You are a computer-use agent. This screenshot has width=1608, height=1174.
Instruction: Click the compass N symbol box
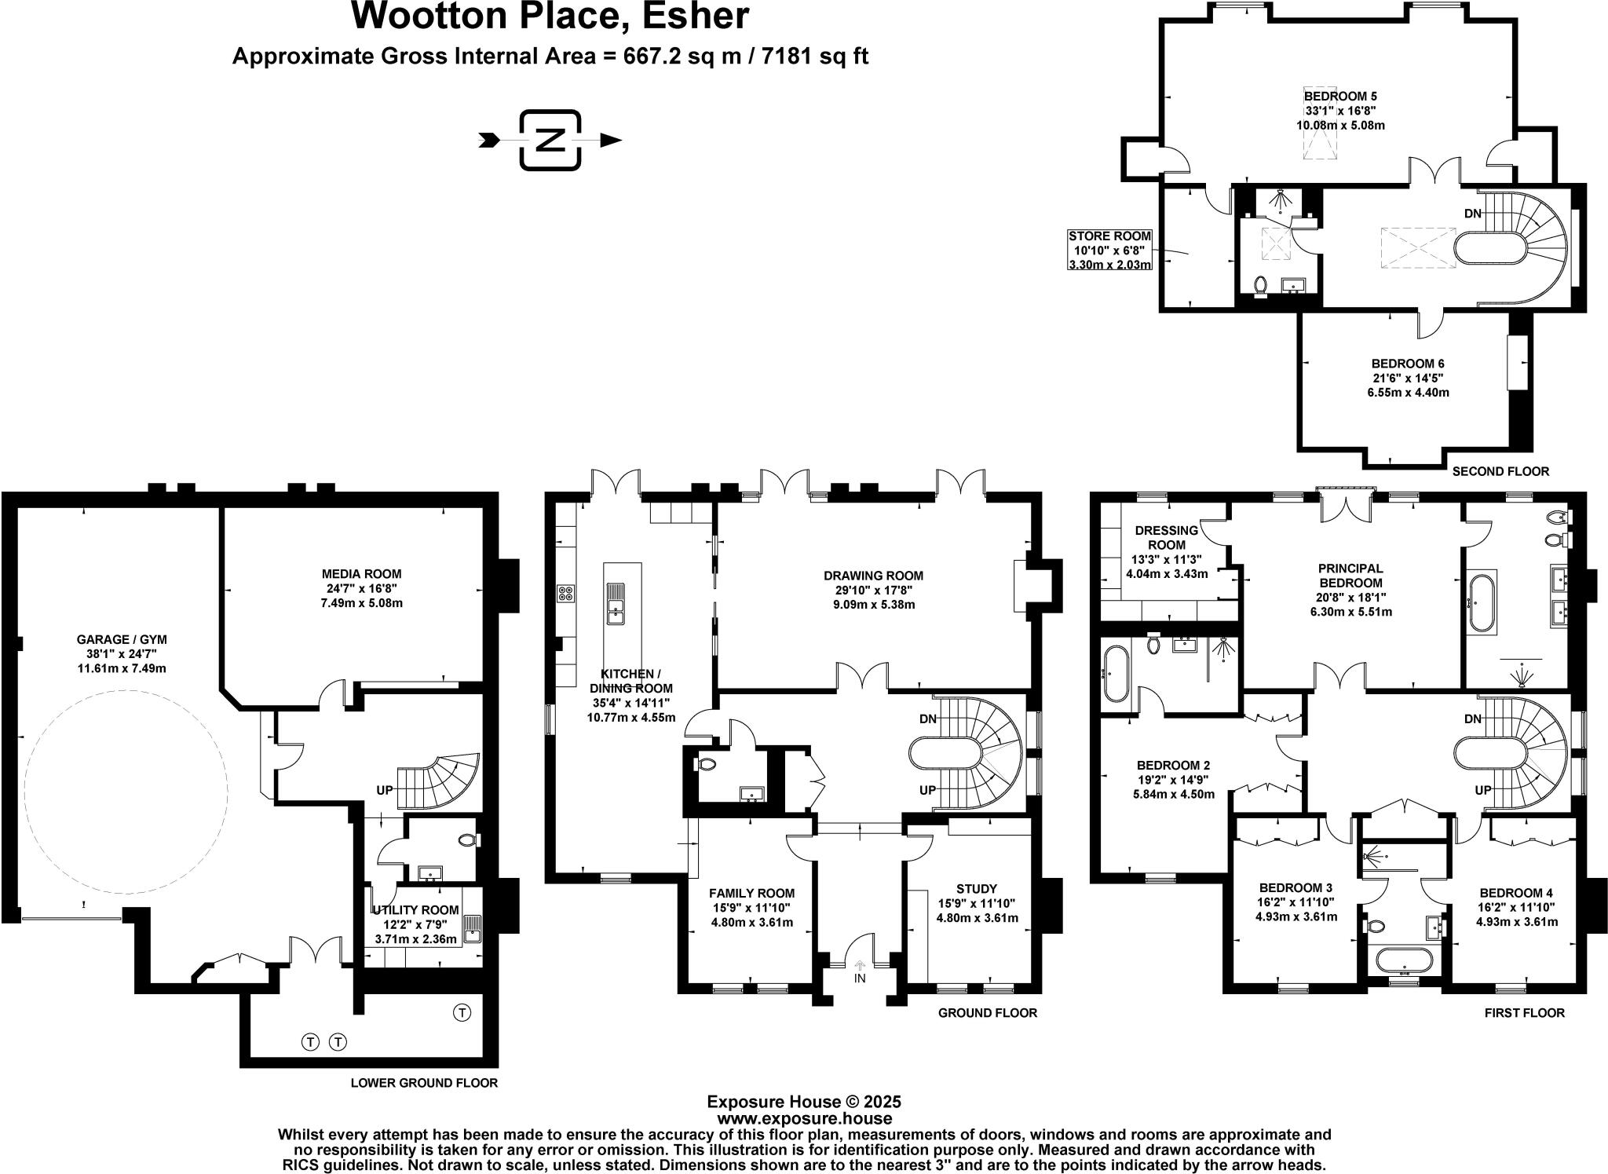click(550, 141)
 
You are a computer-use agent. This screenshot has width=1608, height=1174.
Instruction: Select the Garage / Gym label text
click(122, 639)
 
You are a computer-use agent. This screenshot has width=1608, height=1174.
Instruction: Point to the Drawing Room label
click(874, 576)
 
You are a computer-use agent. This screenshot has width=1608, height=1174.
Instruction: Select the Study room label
click(978, 890)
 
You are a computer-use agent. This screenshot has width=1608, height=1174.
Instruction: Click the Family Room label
click(751, 894)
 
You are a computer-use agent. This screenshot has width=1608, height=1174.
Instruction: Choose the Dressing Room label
click(1167, 537)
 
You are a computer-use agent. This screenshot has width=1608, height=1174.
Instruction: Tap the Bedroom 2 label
click(1173, 766)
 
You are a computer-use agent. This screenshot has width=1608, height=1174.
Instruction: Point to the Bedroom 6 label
click(1408, 364)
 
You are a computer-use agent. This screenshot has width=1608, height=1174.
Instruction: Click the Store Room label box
click(1109, 250)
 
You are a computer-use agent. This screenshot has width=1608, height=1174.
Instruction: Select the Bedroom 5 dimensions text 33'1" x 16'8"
click(1340, 111)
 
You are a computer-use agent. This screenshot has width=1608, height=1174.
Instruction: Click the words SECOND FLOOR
click(1500, 471)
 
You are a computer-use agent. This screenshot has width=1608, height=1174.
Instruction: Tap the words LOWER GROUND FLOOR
click(424, 1083)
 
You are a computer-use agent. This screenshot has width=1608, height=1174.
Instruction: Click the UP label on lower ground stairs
click(384, 790)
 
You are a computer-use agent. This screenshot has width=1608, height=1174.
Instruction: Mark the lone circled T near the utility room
click(462, 1012)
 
